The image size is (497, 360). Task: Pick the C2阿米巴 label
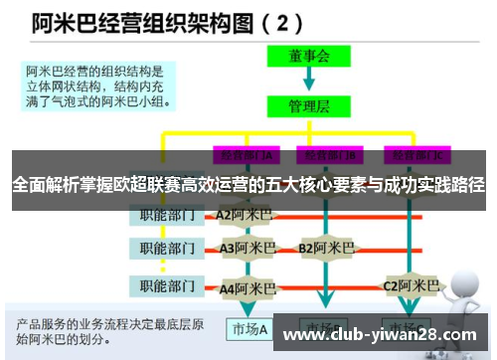pos(412,286)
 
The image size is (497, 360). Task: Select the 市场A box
pos(249,329)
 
